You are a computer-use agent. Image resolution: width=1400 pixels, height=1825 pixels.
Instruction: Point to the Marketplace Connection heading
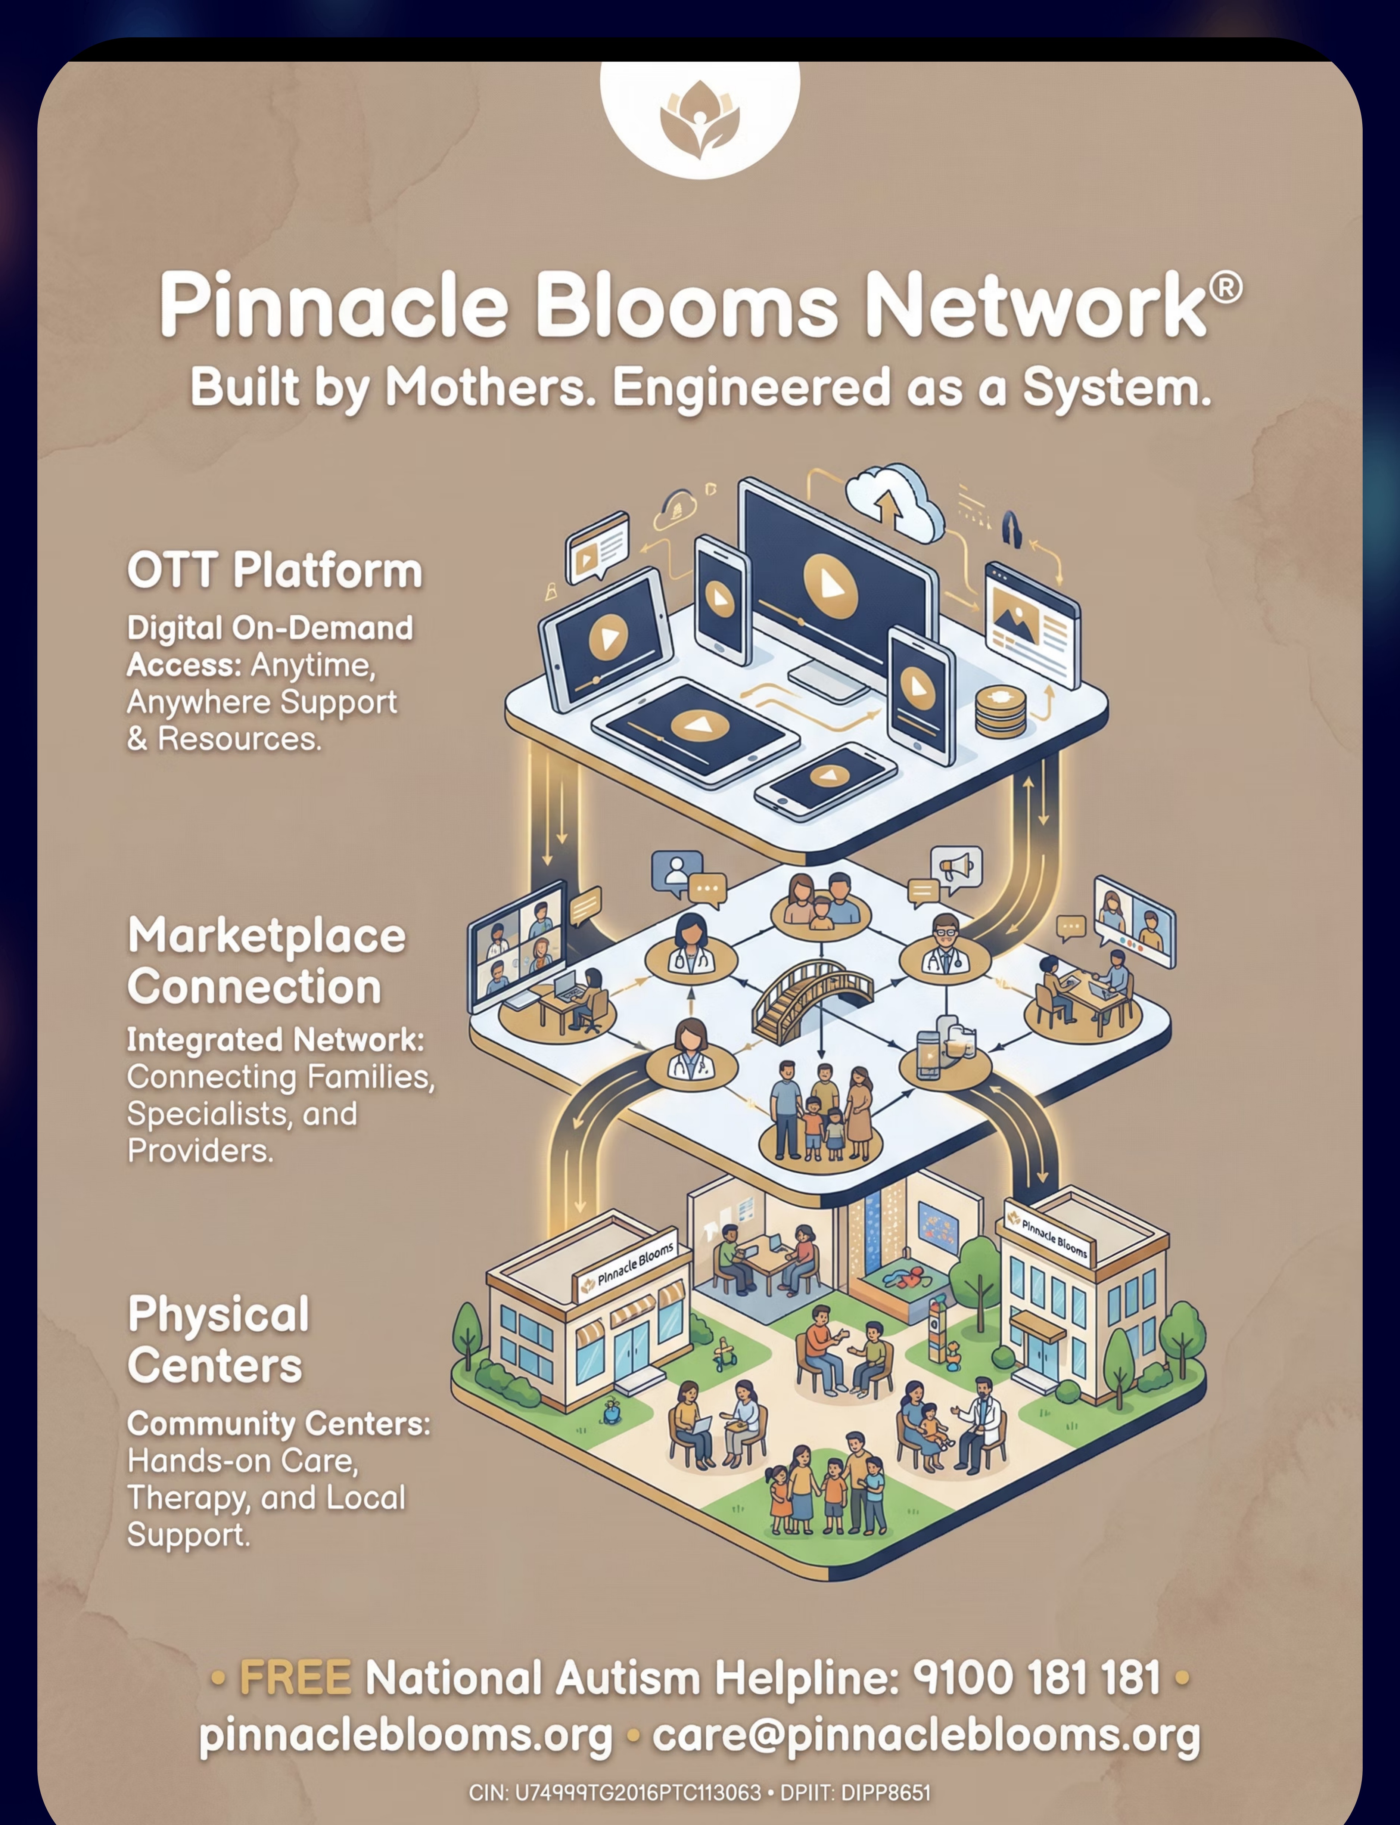point(267,961)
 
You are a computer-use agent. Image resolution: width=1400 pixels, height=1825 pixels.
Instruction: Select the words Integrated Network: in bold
point(275,1040)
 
